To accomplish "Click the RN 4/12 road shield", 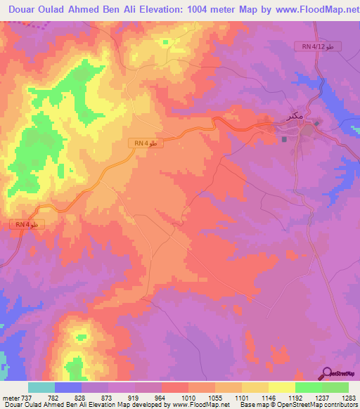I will point(318,46).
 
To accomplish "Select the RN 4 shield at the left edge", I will point(28,224).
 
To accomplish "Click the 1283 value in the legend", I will point(349,397).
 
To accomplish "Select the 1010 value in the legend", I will point(188,397).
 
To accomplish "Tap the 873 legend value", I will point(109,397).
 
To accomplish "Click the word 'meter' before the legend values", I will point(11,397).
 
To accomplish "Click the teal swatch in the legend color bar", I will point(41,387).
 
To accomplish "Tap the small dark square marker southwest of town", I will point(285,138).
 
